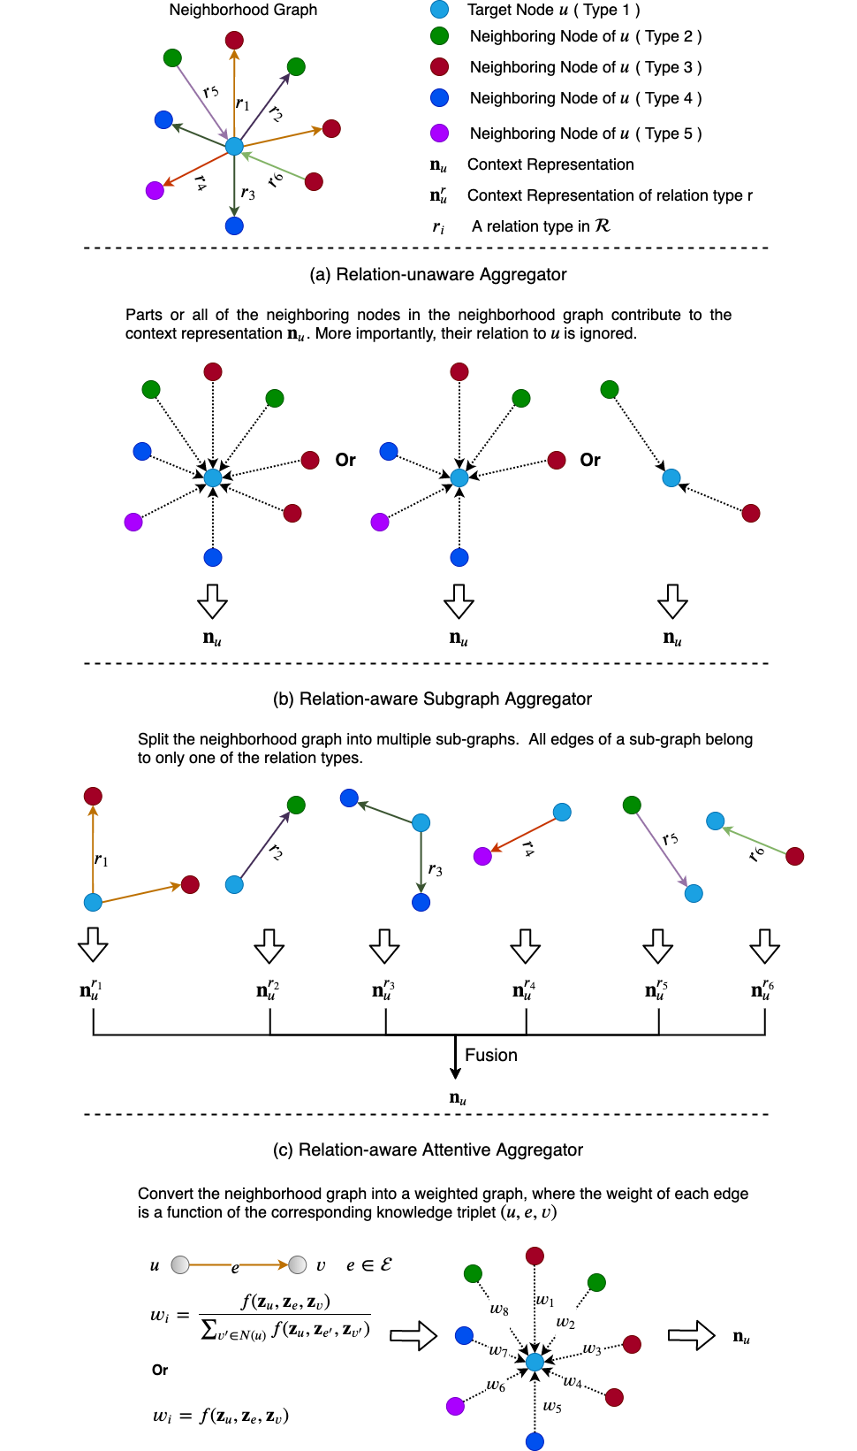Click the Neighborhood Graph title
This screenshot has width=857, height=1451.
pyautogui.click(x=243, y=10)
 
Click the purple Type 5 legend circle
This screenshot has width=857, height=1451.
pyautogui.click(x=439, y=133)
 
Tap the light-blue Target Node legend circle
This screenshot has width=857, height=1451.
pyautogui.click(x=439, y=10)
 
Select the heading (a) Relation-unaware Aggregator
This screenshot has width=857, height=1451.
pyautogui.click(x=438, y=274)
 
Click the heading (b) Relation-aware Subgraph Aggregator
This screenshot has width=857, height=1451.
pyautogui.click(x=432, y=699)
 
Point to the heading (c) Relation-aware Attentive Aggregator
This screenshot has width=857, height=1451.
pyautogui.click(x=428, y=1149)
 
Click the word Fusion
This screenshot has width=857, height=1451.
pyautogui.click(x=491, y=1055)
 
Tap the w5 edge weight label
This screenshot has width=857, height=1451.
pyautogui.click(x=552, y=1406)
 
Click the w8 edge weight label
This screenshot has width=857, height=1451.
pyautogui.click(x=499, y=1309)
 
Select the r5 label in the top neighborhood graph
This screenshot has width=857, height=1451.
pyautogui.click(x=210, y=91)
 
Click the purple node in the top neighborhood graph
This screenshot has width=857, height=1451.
pyautogui.click(x=155, y=190)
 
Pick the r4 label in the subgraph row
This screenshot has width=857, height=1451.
pyautogui.click(x=528, y=849)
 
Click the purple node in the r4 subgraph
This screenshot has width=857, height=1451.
pyautogui.click(x=482, y=856)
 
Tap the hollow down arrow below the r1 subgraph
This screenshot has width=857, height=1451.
pyautogui.click(x=93, y=944)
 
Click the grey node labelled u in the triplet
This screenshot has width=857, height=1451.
pyautogui.click(x=180, y=1264)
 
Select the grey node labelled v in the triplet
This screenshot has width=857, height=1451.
pyautogui.click(x=298, y=1264)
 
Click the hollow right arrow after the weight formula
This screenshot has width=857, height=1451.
pyautogui.click(x=413, y=1335)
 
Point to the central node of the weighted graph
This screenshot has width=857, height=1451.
pyautogui.click(x=535, y=1362)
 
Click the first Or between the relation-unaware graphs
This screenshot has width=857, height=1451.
pyautogui.click(x=345, y=460)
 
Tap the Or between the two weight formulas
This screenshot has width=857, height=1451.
pyautogui.click(x=160, y=1370)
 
